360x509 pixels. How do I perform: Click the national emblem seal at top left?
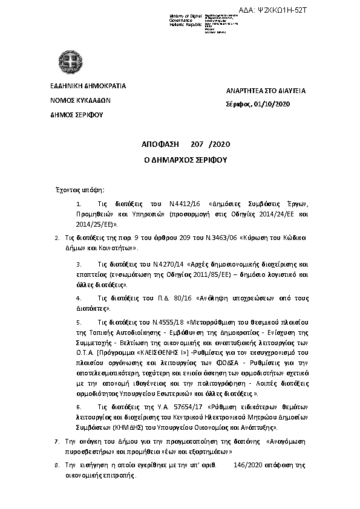pyautogui.click(x=70, y=62)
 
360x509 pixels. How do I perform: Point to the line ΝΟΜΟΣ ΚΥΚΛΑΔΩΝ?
pyautogui.click(x=80, y=101)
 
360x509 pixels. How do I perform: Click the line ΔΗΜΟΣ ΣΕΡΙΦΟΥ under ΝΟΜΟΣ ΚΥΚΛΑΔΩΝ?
pyautogui.click(x=77, y=114)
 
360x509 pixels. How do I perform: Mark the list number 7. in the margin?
pyautogui.click(x=57, y=442)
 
